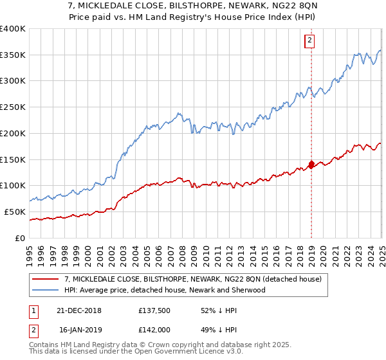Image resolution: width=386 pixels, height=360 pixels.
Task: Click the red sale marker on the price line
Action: pos(311,164)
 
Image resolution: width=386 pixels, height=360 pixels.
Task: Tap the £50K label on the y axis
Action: pos(16,212)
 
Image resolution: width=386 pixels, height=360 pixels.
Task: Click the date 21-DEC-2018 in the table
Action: pos(79,310)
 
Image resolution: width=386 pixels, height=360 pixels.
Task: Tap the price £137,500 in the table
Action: pos(154,310)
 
